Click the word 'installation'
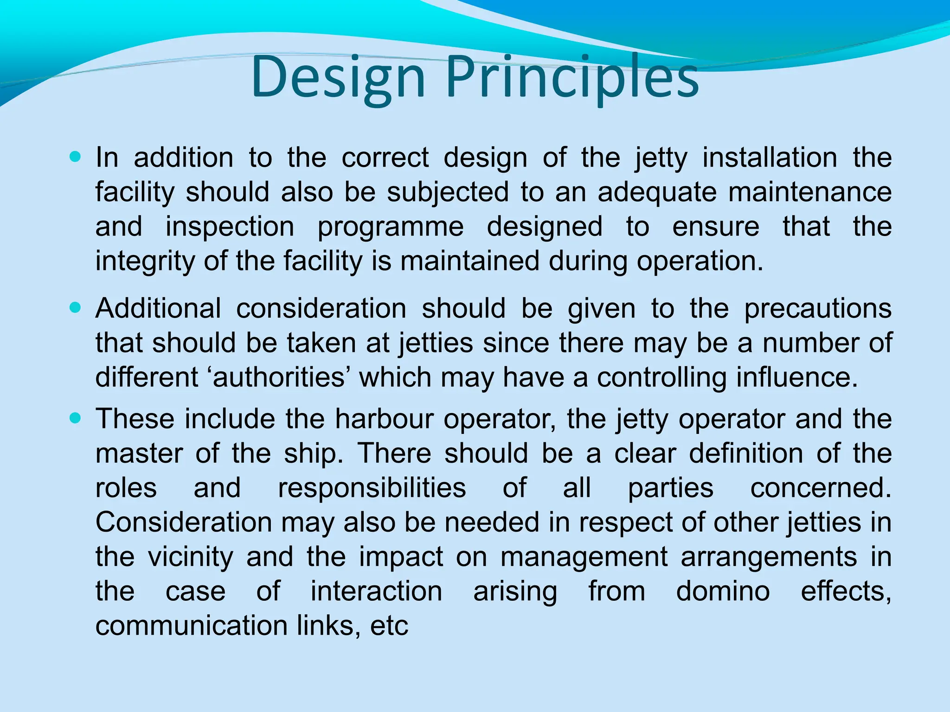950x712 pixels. [770, 158]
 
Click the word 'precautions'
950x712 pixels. [818, 308]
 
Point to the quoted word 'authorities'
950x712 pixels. [278, 377]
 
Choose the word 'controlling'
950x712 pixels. [661, 377]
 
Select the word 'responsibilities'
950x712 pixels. [372, 488]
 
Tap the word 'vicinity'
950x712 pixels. [191, 557]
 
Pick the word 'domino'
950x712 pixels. [723, 591]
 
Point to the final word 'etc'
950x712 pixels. [389, 626]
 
